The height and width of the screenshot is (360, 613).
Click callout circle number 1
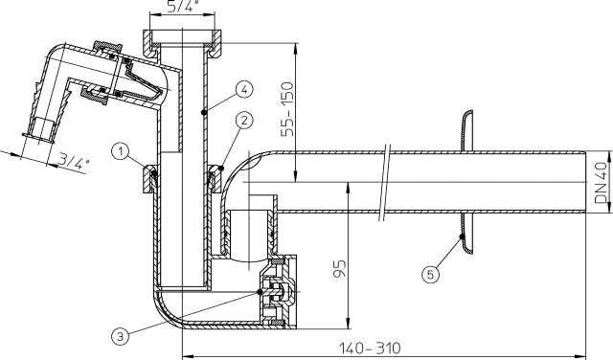[121, 151]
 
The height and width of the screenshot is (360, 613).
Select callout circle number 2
[244, 121]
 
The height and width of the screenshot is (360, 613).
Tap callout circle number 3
[120, 336]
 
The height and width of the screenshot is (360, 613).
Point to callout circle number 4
[244, 89]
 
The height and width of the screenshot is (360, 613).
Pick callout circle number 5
[430, 275]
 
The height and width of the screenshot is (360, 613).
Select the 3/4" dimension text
[73, 161]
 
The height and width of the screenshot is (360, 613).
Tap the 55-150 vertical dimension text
[287, 108]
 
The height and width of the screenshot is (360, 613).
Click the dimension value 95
[340, 268]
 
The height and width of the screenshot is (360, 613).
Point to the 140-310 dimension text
[370, 348]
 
